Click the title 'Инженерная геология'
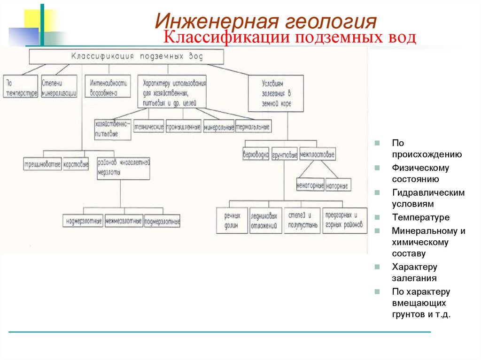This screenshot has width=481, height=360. click(266, 22)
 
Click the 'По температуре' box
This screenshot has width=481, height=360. click(20, 87)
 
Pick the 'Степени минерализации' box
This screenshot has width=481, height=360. click(59, 87)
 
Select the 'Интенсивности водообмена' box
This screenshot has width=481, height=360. click(108, 87)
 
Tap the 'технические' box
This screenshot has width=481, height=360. click(148, 126)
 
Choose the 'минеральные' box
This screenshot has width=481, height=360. click(218, 127)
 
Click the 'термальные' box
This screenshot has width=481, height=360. click(253, 127)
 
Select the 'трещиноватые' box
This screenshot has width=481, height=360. click(42, 165)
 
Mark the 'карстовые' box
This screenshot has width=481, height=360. click(76, 165)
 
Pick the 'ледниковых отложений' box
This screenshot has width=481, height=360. click(265, 221)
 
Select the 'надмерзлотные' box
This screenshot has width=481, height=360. click(83, 220)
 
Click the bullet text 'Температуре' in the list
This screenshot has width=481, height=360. click(421, 217)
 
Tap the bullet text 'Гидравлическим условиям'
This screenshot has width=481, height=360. click(428, 199)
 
